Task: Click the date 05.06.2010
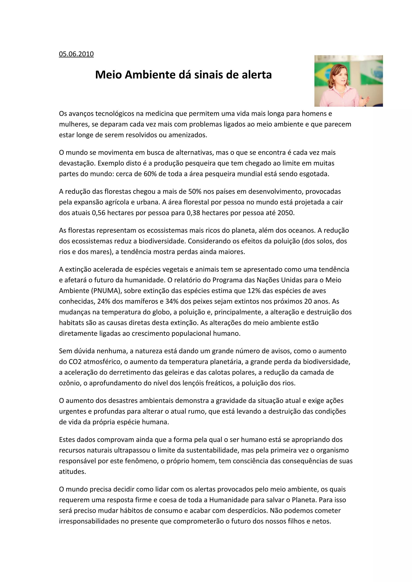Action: tap(76, 54)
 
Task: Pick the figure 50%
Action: tap(195, 191)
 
